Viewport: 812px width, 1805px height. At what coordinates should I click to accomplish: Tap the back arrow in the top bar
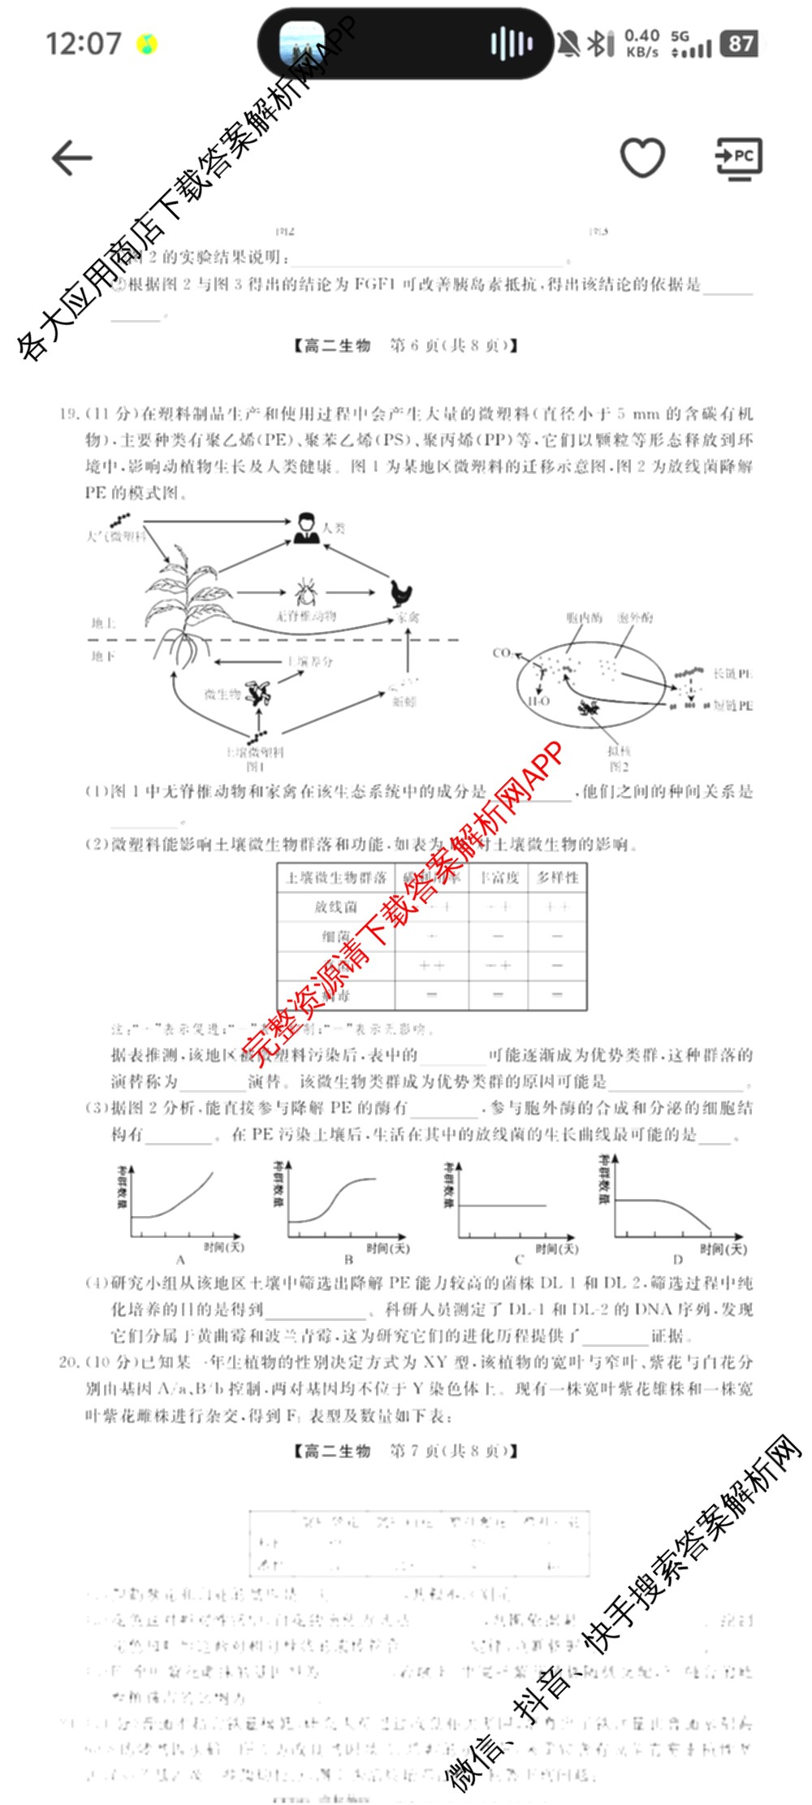pos(72,158)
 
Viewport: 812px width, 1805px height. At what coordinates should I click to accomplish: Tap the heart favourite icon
pos(642,157)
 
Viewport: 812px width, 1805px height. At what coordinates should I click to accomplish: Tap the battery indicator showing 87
pos(741,44)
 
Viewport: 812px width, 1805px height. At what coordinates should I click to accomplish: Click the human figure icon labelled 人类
pos(306,528)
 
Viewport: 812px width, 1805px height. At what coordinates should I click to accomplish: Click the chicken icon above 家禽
pos(402,593)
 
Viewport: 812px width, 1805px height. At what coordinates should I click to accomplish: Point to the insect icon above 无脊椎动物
pos(305,593)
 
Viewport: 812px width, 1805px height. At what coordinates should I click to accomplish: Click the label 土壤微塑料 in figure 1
pos(254,752)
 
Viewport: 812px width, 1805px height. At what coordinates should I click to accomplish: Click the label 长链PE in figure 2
pos(732,673)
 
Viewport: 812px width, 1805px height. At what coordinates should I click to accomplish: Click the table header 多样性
pos(558,877)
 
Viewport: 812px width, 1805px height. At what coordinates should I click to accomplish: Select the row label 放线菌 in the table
pos(335,907)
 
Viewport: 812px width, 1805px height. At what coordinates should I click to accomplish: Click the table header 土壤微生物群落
pos(336,877)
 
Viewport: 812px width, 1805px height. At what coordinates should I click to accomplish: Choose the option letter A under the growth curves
pos(180,1260)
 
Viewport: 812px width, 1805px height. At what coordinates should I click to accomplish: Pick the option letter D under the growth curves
pos(677,1260)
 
